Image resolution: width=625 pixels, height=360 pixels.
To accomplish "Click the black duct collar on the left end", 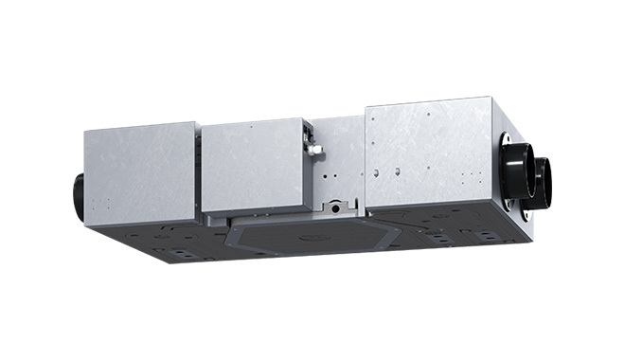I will pyautogui.click(x=79, y=195).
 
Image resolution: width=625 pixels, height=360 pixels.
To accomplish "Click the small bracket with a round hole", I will pyautogui.click(x=336, y=207).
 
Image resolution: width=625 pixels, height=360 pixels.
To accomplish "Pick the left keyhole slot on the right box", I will pyautogui.click(x=377, y=173).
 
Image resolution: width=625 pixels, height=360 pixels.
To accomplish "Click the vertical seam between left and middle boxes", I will pyautogui.click(x=198, y=176).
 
